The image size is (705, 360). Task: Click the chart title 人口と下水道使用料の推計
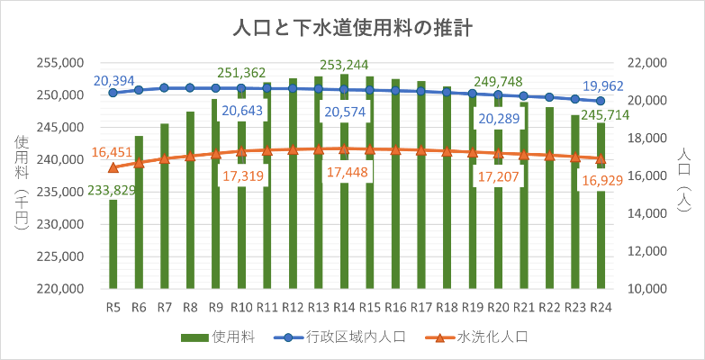tap(352, 28)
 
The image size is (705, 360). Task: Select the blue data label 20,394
tap(113, 81)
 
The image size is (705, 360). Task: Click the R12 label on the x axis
tap(292, 307)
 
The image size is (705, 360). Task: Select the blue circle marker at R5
tap(113, 93)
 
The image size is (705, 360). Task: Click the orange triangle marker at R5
tap(113, 167)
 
